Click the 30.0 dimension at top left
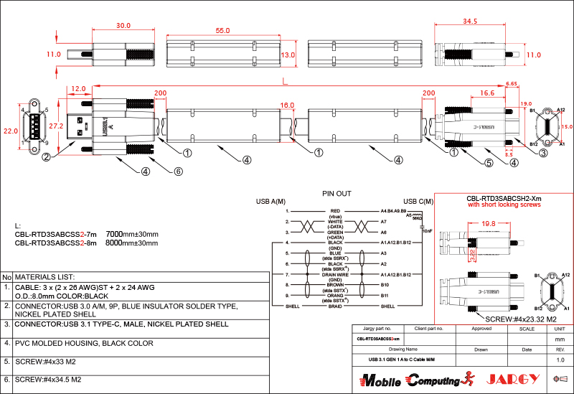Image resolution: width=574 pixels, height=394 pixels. [123, 25]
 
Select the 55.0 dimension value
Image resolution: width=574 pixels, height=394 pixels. [222, 30]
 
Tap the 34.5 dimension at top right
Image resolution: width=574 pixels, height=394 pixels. [470, 22]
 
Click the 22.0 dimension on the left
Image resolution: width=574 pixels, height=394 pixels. [10, 131]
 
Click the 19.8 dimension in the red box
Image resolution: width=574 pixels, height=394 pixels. [489, 224]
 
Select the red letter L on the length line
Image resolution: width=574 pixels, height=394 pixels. [285, 80]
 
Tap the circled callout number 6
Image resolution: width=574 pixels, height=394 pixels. [179, 172]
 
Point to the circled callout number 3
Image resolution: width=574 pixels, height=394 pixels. [543, 153]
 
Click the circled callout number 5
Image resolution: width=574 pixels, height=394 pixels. [489, 163]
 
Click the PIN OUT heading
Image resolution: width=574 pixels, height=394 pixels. [336, 193]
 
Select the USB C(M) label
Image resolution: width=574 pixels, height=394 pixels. [418, 201]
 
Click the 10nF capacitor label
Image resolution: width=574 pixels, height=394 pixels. [426, 230]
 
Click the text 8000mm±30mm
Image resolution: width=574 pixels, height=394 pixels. [132, 243]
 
